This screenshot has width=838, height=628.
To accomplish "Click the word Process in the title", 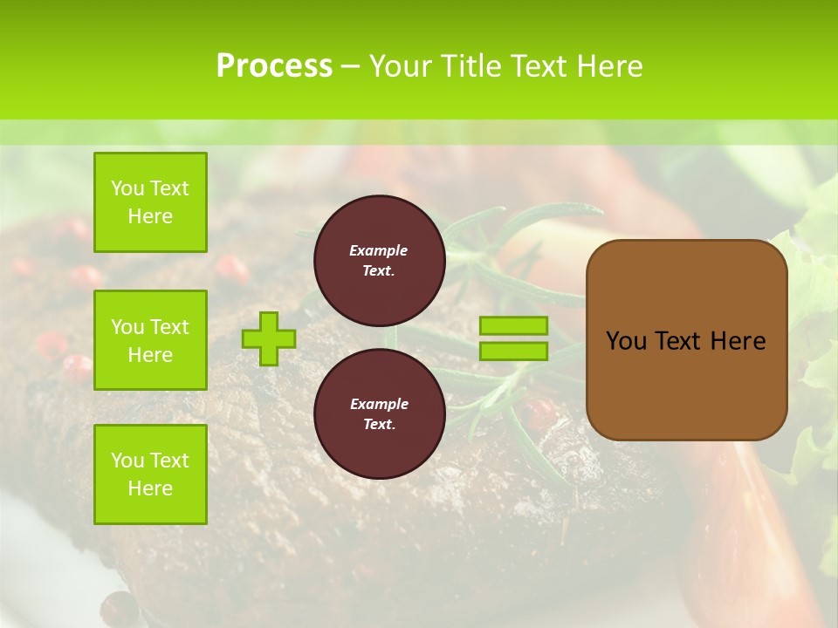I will coord(274,66).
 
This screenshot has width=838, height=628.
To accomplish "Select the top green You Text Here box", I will coord(150,202).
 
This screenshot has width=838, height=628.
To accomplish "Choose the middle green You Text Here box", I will coord(150,340).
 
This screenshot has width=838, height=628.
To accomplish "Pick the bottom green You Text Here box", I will coord(150,474).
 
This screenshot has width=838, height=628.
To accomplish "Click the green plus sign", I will coord(269,338).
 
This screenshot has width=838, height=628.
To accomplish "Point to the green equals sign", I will coord(513,338).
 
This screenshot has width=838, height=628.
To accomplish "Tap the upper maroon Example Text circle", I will coord(379,260).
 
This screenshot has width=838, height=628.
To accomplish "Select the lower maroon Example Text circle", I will coord(379,413).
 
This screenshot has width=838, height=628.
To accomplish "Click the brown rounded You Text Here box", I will coord(686,340).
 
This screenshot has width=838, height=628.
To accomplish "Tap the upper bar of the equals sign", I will coord(513,326).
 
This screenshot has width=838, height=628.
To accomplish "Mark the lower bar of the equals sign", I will coord(513,351).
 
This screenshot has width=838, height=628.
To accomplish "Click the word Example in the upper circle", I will coord(379,250).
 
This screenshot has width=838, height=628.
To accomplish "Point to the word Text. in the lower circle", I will coord(379,425).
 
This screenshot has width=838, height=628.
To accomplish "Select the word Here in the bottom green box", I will coord(150,488).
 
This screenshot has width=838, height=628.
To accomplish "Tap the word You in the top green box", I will coord(127,188).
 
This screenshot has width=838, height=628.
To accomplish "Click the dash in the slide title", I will coord(350,66).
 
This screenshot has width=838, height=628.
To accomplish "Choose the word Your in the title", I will coord(401,66).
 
